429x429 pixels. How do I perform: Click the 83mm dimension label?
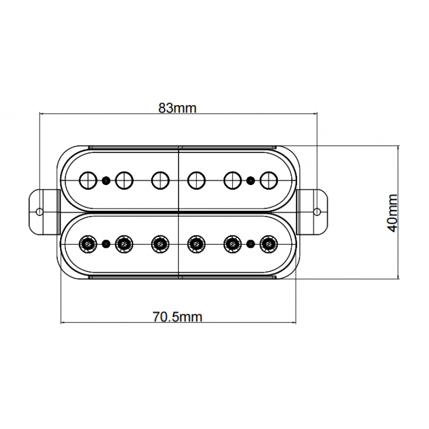[177, 108]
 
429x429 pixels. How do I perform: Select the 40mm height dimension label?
[393, 213]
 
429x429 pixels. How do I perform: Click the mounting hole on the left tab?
[39, 211]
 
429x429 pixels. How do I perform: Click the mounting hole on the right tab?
[317, 211]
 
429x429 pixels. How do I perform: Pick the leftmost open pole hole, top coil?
[87, 180]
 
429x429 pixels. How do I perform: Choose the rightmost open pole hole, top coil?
[268, 180]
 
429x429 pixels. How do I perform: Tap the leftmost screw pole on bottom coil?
[87, 244]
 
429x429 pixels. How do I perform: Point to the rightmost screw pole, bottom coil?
[268, 244]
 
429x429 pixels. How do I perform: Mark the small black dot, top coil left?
[106, 180]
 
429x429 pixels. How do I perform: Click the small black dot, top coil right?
[250, 180]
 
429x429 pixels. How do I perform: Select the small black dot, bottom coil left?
[106, 244]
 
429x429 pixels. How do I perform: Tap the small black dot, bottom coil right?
[250, 244]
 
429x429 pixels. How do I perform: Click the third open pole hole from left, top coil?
[159, 180]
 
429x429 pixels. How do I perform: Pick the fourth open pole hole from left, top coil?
[196, 180]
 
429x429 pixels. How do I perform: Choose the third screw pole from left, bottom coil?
[159, 244]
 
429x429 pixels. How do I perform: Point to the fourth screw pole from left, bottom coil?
[196, 244]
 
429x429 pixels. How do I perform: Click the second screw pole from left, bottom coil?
[124, 244]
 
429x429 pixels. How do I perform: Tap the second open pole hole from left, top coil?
[124, 180]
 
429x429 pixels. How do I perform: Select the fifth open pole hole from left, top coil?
[232, 180]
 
